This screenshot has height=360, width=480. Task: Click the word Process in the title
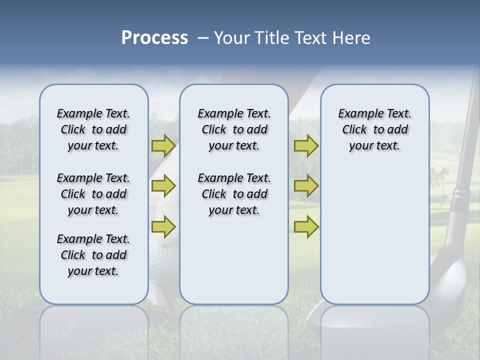tap(154, 38)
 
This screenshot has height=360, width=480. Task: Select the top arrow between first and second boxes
tap(163, 145)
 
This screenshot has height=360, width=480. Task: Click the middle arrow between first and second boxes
tap(163, 186)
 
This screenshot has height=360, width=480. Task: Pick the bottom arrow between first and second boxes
tap(163, 227)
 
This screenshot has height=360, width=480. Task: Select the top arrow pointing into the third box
tap(306, 145)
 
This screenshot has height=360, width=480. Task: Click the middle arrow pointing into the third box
tap(306, 186)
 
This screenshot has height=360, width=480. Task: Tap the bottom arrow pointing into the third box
tap(306, 227)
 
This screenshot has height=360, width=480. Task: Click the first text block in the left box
tap(93, 129)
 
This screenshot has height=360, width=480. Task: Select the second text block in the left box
tap(93, 194)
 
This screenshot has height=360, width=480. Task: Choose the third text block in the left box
tap(93, 255)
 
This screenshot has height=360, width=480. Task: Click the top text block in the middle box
tap(234, 129)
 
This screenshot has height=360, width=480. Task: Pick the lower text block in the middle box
tap(234, 194)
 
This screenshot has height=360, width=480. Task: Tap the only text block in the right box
tap(374, 129)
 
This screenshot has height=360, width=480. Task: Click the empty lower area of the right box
tap(374, 240)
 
